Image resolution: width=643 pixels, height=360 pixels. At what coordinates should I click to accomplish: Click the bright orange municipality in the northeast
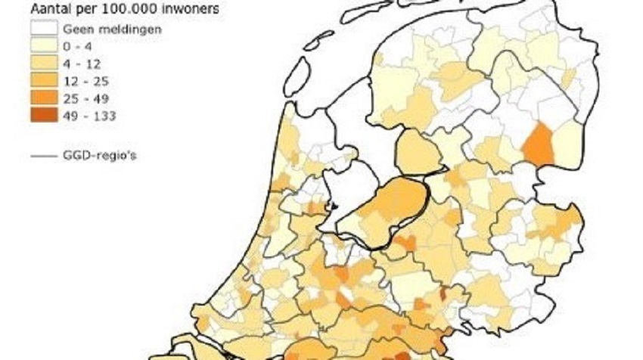click(x=539, y=144)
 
